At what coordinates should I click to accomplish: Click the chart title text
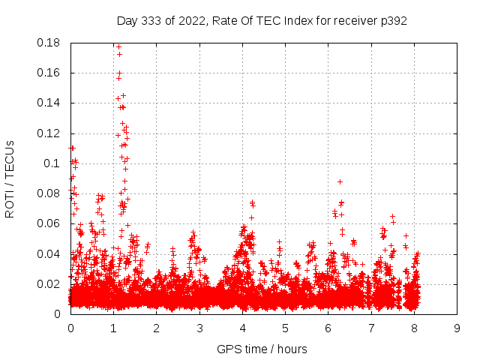[x=262, y=20]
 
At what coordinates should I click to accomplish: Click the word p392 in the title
[x=393, y=20]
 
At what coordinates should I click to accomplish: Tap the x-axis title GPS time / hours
[x=262, y=349]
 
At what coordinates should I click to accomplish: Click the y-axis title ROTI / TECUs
[x=10, y=178]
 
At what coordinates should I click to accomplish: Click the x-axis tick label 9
[x=457, y=328]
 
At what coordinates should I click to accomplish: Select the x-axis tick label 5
[x=285, y=328]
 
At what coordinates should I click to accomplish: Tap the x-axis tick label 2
[x=156, y=328]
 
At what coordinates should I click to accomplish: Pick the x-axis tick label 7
[x=370, y=328]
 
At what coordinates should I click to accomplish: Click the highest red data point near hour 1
[x=118, y=46]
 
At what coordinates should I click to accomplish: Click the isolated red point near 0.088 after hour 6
[x=340, y=181]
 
